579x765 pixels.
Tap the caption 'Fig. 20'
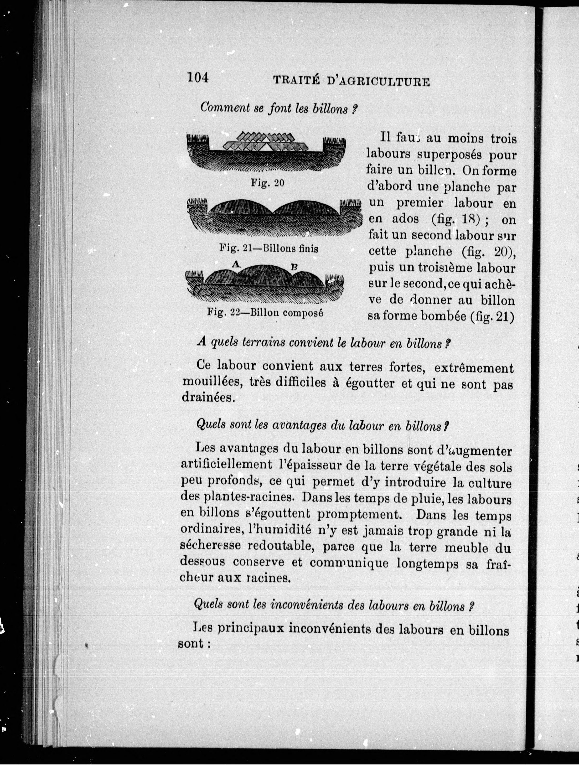tap(267, 183)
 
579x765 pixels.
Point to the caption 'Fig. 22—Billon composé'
tap(265, 313)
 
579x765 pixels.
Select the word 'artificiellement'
tap(223, 465)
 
